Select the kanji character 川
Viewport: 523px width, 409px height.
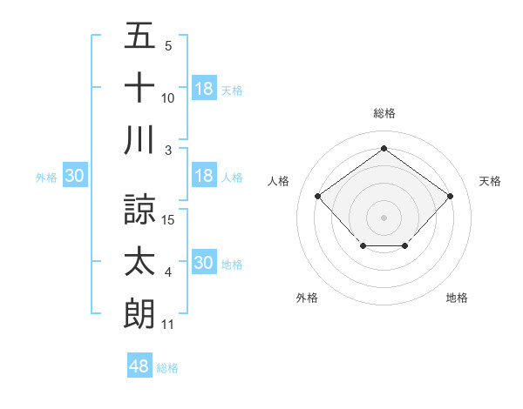click(x=139, y=141)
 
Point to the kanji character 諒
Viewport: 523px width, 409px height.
click(x=139, y=209)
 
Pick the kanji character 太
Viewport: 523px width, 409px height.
click(x=139, y=262)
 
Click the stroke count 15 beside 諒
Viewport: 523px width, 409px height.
click(x=169, y=219)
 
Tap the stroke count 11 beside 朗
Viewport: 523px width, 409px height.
click(x=168, y=325)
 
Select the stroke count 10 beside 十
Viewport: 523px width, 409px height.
click(x=168, y=98)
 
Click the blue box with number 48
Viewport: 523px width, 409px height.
click(x=139, y=366)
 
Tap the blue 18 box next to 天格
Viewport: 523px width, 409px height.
click(x=204, y=88)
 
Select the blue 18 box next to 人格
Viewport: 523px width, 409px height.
click(x=204, y=176)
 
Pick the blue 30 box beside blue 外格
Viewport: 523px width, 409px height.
click(x=74, y=176)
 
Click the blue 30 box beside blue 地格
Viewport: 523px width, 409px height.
click(x=204, y=263)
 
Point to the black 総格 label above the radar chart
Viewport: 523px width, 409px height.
click(x=384, y=113)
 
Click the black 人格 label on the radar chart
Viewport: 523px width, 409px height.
click(x=279, y=181)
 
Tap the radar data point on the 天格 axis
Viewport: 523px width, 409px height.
click(x=450, y=196)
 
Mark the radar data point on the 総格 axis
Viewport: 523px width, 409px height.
click(x=384, y=149)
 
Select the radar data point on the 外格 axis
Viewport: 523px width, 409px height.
click(x=362, y=247)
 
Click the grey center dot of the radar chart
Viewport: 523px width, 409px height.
click(x=384, y=217)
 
